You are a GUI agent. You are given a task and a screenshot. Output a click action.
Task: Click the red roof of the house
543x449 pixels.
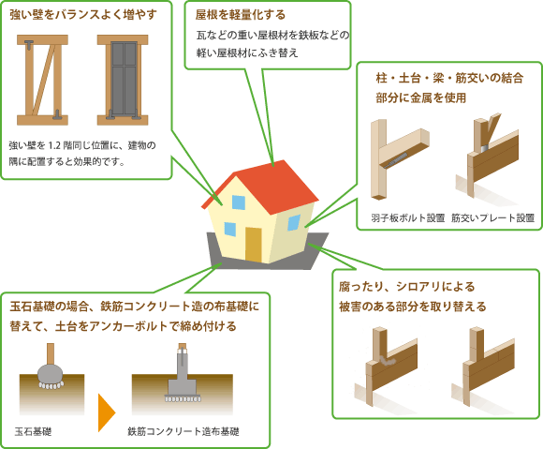tap(267, 187)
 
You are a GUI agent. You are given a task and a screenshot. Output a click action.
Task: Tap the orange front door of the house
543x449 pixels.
tap(254, 245)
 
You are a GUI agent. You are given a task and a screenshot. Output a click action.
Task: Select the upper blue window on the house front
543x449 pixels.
tap(239, 202)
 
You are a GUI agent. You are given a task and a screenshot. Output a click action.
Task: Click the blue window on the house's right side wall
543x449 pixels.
tap(294, 222)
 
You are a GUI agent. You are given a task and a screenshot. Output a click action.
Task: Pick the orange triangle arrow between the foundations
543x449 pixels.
tap(107, 412)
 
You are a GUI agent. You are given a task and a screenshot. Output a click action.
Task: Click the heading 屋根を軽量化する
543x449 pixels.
tap(241, 15)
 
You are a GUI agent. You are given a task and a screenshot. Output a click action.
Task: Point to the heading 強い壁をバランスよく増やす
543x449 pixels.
tap(83, 15)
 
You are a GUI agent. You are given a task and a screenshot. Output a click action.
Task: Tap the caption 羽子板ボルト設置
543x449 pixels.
tap(407, 217)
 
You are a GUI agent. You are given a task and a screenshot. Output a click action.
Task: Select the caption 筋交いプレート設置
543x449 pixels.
tap(492, 217)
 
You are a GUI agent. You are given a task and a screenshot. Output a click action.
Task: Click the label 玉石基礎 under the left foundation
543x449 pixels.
tap(34, 431)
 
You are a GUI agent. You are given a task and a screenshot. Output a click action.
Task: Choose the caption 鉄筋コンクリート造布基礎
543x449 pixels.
tap(183, 431)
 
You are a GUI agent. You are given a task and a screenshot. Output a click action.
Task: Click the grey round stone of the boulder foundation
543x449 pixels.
tap(51, 374)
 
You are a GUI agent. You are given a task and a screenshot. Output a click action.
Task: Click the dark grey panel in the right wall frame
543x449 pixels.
tap(124, 80)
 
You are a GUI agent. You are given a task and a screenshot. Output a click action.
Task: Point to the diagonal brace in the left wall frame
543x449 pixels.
tap(44, 80)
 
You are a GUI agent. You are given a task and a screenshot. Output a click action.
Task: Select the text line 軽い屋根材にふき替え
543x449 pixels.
tap(247, 52)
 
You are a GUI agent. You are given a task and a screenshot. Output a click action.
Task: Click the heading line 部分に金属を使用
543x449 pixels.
tap(420, 97)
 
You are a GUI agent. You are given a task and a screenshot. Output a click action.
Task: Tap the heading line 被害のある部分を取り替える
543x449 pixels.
tap(413, 307)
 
